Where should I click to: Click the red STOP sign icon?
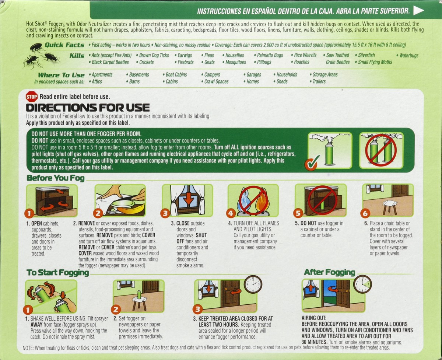click(32, 97)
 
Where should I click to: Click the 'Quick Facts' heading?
click(64, 45)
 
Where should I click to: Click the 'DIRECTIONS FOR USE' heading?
click(88, 108)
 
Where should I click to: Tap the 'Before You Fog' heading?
click(56, 178)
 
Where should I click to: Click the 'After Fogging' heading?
click(330, 272)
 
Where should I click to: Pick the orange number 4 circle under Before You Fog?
click(231, 213)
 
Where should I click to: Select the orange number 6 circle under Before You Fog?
click(365, 213)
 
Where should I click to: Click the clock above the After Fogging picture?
click(362, 284)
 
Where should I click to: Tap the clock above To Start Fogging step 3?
click(253, 284)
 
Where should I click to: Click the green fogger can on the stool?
click(139, 295)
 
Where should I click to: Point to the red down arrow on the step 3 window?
click(189, 198)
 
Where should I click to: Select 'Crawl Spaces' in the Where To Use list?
click(215, 81)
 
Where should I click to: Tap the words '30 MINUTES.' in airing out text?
click(315, 342)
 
